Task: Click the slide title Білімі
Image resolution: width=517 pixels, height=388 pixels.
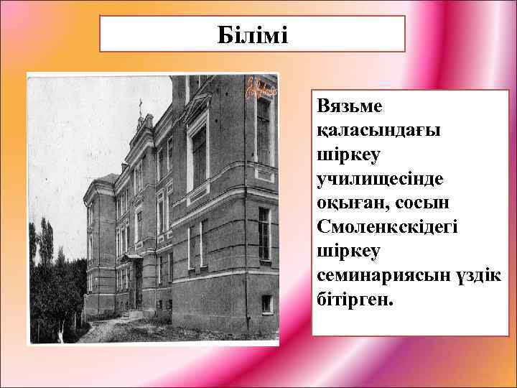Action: click(x=252, y=34)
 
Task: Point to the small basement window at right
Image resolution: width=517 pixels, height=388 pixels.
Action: click(x=266, y=303)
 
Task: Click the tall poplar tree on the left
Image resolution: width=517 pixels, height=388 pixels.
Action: click(x=46, y=244)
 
